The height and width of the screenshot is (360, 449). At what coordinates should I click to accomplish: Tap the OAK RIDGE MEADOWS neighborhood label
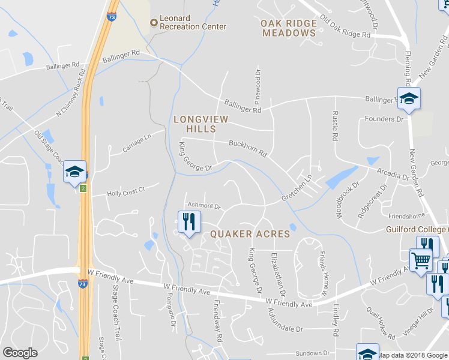[x=289, y=28]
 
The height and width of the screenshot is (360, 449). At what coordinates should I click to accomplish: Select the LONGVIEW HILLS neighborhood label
[x=200, y=124]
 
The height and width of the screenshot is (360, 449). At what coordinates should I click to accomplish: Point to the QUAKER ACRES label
[x=250, y=234]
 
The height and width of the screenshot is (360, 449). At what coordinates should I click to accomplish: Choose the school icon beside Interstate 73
[x=75, y=172]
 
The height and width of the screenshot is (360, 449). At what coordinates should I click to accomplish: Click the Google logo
[x=20, y=352]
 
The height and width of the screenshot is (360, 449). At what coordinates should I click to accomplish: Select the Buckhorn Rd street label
[x=247, y=148]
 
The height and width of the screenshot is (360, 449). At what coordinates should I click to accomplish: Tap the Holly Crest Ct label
[x=126, y=193]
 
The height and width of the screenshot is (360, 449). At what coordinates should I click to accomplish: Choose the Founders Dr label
[x=384, y=119]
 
